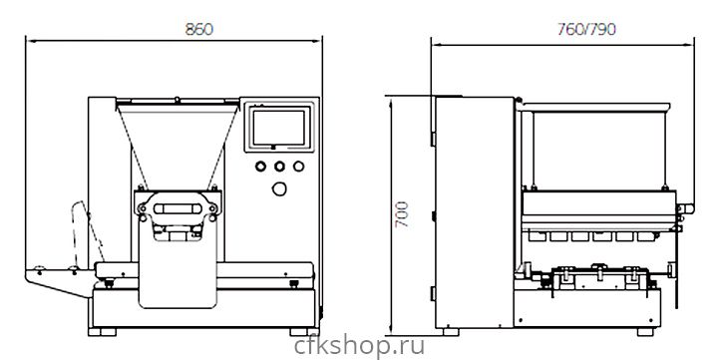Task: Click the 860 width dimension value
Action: [198, 29]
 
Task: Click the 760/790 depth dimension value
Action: [586, 29]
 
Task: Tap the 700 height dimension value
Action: [402, 213]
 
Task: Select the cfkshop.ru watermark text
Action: [359, 346]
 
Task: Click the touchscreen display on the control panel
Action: [279, 128]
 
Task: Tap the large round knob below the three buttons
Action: [279, 188]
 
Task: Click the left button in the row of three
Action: [260, 167]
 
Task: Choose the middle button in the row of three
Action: [280, 167]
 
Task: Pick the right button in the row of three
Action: [298, 167]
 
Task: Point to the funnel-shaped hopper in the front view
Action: [178, 143]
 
